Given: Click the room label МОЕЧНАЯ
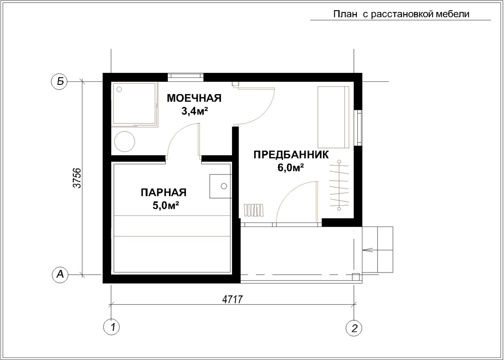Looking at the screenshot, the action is (x=194, y=98).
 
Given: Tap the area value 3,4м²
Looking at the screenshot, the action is (x=194, y=111).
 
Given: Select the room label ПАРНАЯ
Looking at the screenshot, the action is (x=164, y=193).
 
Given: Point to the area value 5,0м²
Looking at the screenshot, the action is (x=165, y=205).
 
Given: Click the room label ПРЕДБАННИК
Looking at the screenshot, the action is (x=291, y=155).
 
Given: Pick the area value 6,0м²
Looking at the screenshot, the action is (x=291, y=168).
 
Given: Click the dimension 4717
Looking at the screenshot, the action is (x=232, y=299).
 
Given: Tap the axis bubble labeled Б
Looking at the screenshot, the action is (x=60, y=81).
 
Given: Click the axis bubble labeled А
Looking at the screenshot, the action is (x=60, y=275).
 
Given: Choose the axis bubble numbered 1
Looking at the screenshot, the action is (x=112, y=327).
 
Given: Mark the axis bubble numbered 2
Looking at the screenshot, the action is (x=354, y=327).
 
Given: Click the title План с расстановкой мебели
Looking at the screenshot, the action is (x=401, y=15).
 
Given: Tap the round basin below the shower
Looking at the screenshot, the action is (x=125, y=142).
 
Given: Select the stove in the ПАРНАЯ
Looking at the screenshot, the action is (x=220, y=186).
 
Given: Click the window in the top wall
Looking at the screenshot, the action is (x=186, y=76).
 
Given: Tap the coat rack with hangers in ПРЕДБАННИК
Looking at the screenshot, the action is (x=339, y=185).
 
